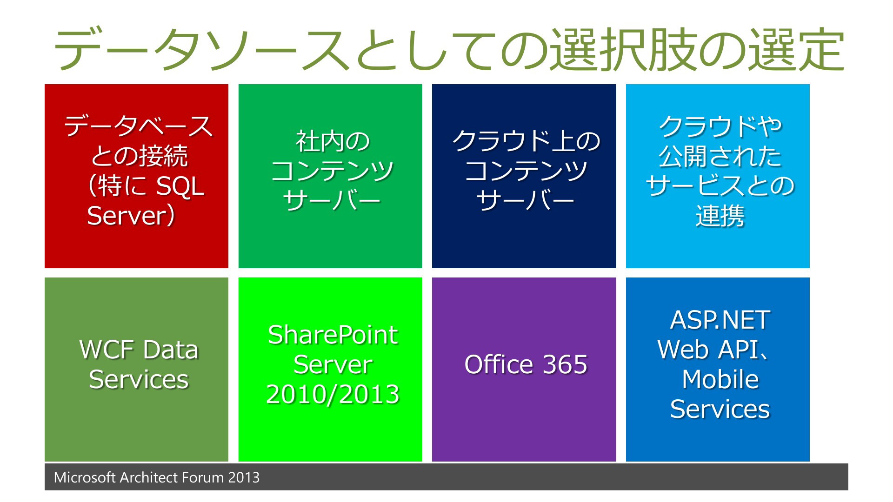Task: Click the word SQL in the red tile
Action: (180, 186)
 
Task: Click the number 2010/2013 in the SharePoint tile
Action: (333, 395)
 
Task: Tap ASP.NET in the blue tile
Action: (720, 320)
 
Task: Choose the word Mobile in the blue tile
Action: (720, 379)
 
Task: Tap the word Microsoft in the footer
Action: (85, 477)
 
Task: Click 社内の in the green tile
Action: (333, 141)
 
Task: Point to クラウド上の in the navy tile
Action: (526, 141)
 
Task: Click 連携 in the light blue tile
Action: (720, 216)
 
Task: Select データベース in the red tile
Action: (139, 126)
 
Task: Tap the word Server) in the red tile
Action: (131, 216)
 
